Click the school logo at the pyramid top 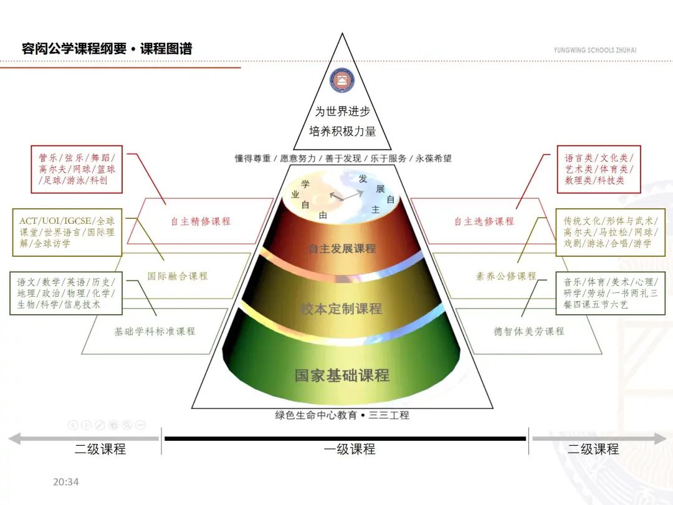click(341, 80)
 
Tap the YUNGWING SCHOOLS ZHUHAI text click(594, 50)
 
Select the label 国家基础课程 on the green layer click(342, 375)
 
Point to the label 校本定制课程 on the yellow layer click(341, 308)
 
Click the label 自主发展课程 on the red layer click(342, 248)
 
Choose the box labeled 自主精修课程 click(201, 221)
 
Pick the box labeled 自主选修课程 click(484, 221)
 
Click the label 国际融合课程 click(178, 276)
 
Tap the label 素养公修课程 click(506, 276)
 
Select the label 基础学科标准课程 click(155, 331)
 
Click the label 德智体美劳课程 click(528, 331)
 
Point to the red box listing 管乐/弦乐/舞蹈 click(77, 169)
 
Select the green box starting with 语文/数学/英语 click(66, 293)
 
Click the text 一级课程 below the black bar click(350, 449)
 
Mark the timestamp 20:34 click(66, 482)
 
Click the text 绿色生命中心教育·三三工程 click(342, 415)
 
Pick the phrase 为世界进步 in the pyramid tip click(342, 112)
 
